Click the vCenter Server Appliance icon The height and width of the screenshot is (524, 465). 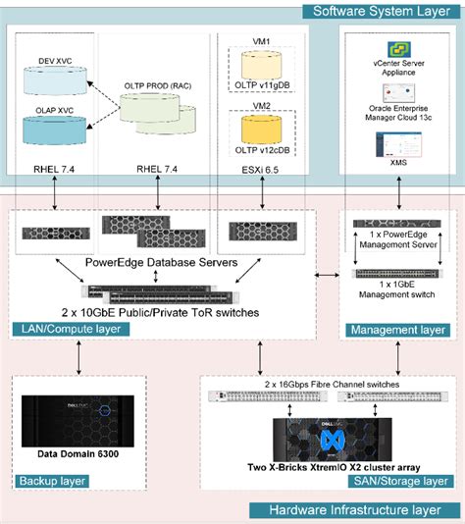(x=399, y=51)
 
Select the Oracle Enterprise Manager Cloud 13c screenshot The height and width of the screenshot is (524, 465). (x=399, y=122)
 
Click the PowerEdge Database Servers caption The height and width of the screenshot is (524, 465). (x=163, y=262)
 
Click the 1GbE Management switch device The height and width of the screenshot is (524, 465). (x=399, y=273)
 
